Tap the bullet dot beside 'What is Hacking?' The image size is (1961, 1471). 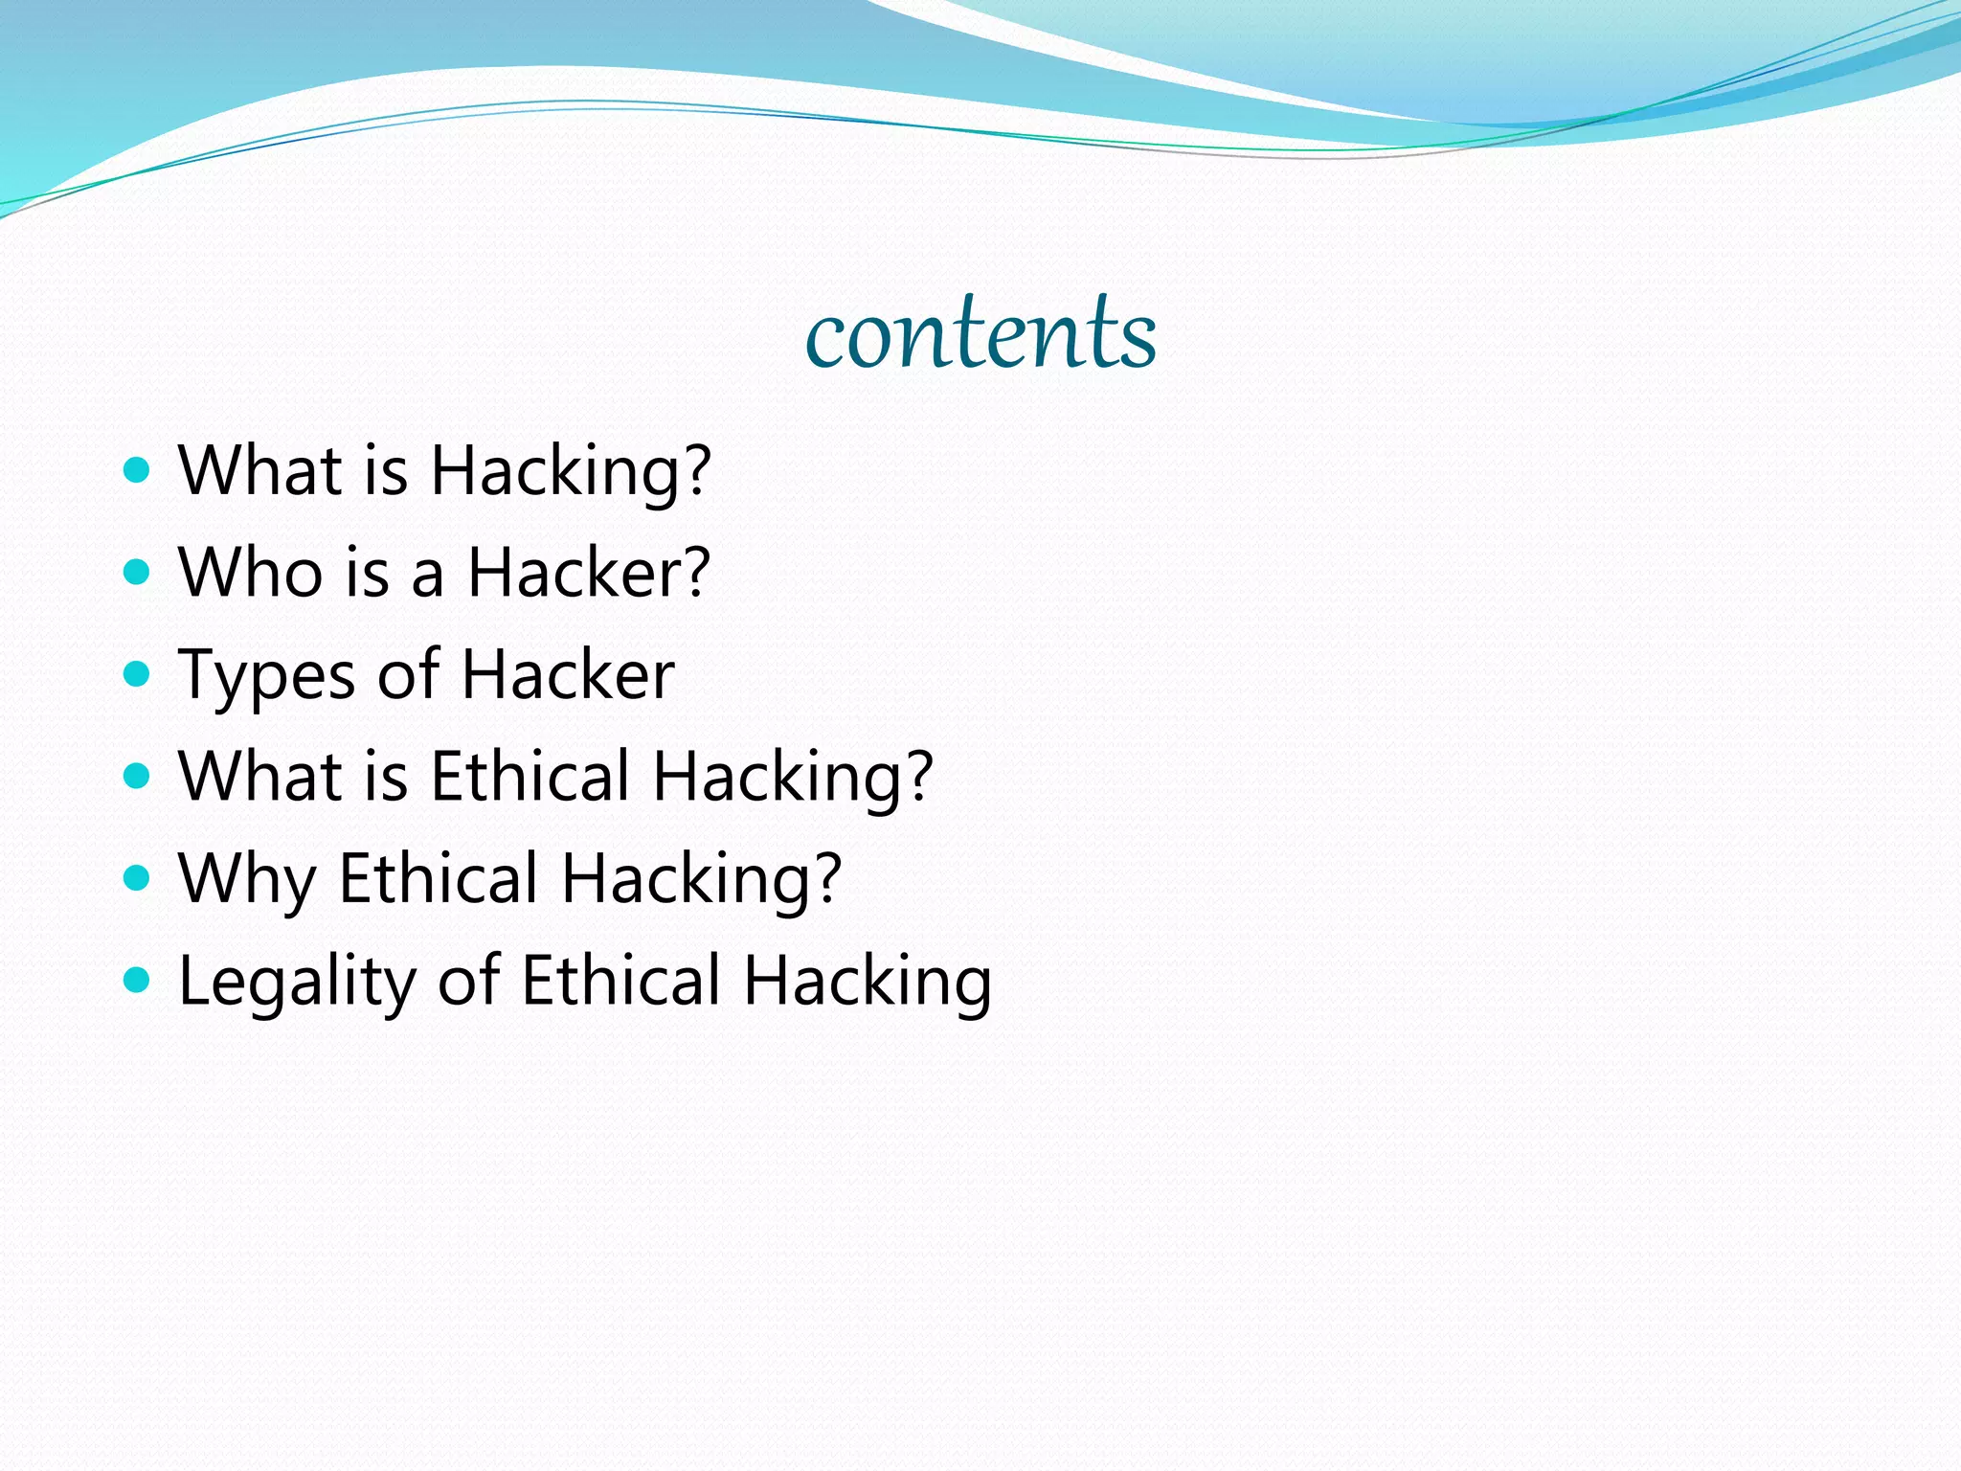click(138, 470)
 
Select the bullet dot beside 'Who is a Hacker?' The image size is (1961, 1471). click(138, 573)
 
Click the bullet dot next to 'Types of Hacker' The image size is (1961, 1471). click(138, 674)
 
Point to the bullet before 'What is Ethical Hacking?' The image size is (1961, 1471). click(138, 776)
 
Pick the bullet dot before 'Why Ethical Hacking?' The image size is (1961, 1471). click(138, 878)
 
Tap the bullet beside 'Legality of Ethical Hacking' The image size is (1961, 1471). click(138, 980)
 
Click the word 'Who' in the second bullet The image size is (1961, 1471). click(251, 573)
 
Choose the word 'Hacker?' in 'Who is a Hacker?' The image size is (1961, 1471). click(589, 573)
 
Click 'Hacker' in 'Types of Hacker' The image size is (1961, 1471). click(569, 674)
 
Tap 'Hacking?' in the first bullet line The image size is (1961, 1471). click(571, 471)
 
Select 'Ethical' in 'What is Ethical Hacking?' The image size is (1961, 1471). click(530, 776)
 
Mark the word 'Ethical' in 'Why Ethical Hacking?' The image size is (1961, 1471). click(439, 878)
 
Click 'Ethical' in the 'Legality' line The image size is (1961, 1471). click(621, 980)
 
